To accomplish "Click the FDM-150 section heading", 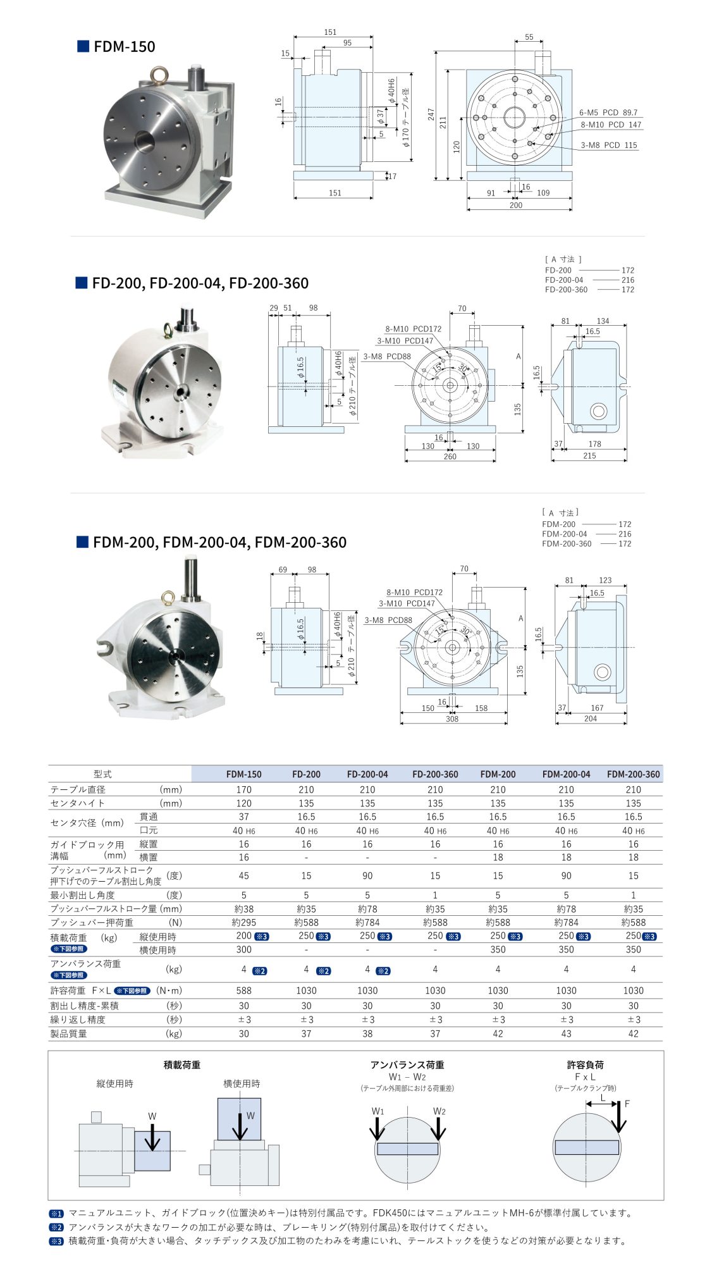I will tap(124, 46).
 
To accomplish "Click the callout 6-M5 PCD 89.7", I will tap(608, 113).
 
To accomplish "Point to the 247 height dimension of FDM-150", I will tap(431, 114).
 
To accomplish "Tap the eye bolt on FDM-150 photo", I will tap(157, 77).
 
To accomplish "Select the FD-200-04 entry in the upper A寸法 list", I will tap(564, 280).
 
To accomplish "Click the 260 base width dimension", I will tap(450, 456).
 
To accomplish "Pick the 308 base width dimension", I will tap(452, 719).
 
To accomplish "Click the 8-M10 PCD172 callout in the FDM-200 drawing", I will tap(414, 592).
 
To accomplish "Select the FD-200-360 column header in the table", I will tap(435, 774).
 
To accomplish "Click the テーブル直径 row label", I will tap(78, 789).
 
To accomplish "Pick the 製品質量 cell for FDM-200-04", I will tap(566, 1034).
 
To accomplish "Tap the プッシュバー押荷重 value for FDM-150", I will tap(243, 923).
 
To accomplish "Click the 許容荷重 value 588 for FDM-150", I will tap(243, 990).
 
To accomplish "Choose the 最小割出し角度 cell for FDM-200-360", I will tap(633, 895).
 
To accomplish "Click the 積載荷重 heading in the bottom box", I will tap(181, 1065).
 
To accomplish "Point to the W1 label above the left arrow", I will tap(377, 1111).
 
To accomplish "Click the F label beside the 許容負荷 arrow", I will tap(627, 1104).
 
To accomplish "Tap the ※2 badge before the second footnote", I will tap(57, 1227).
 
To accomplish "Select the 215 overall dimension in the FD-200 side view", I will tap(589, 455).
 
